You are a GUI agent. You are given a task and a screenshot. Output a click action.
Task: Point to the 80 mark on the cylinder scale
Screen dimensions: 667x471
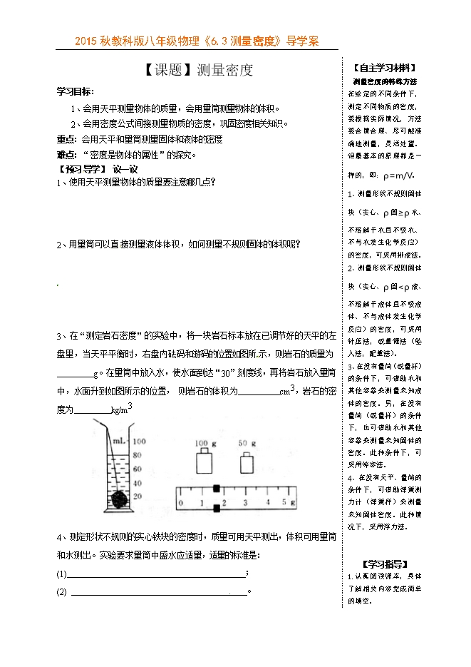(x=139, y=454)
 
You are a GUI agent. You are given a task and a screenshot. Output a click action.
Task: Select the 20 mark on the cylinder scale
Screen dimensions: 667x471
(x=139, y=496)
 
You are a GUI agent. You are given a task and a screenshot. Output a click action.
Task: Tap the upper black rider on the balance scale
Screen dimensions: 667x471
(x=216, y=489)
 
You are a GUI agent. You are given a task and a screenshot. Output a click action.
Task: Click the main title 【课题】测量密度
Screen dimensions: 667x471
(x=193, y=70)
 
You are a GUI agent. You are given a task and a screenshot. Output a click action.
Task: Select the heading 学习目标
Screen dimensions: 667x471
(x=75, y=92)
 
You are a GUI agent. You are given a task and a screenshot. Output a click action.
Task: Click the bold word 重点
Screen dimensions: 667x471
(x=68, y=138)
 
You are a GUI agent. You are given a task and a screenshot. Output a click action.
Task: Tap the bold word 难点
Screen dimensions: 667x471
(x=68, y=153)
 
